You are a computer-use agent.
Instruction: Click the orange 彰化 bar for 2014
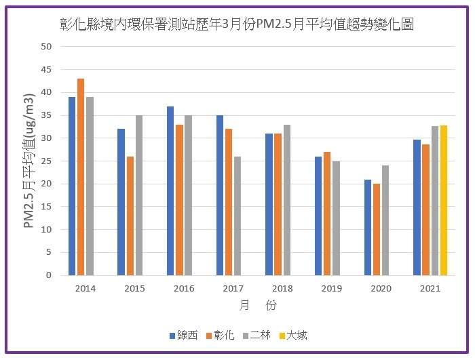(x=81, y=177)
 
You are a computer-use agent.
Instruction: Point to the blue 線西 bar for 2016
(x=170, y=191)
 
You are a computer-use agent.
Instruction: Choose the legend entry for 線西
(x=184, y=335)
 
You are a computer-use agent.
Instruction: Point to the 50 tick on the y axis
(x=46, y=47)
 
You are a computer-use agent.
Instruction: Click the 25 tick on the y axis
(x=46, y=161)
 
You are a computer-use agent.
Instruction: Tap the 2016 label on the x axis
(x=184, y=288)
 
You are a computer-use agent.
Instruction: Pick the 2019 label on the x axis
(x=332, y=288)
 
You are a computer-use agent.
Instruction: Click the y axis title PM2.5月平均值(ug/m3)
(x=29, y=161)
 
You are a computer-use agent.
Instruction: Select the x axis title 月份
(x=258, y=306)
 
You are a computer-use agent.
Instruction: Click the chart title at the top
(x=237, y=24)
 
